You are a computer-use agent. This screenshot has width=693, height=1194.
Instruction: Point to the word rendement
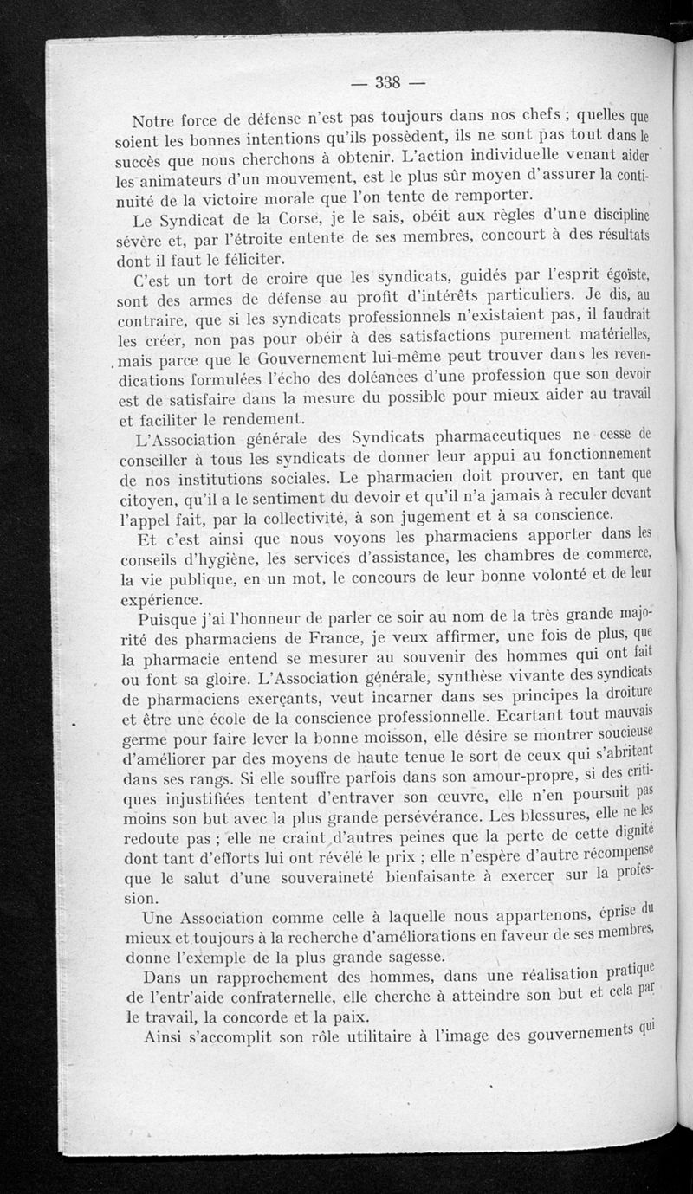[256, 418]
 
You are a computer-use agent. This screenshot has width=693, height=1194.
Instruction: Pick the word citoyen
[148, 498]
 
